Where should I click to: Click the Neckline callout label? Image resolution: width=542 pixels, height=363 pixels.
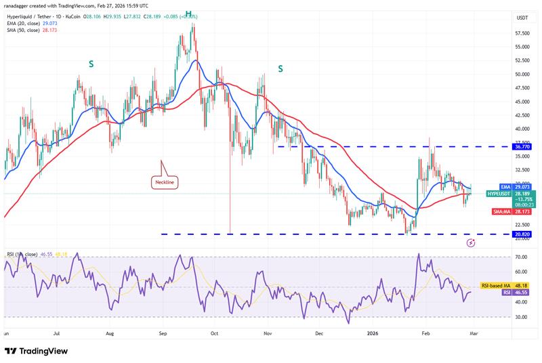pyautogui.click(x=163, y=182)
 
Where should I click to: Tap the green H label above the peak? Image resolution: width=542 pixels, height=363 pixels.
pyautogui.click(x=188, y=14)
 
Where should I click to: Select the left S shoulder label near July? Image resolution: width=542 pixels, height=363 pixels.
pyautogui.click(x=91, y=64)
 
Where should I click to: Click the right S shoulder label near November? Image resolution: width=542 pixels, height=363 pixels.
pyautogui.click(x=280, y=68)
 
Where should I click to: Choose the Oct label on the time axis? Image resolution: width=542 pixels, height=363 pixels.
pyautogui.click(x=213, y=334)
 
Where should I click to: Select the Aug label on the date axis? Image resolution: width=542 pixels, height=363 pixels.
pyautogui.click(x=109, y=334)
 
